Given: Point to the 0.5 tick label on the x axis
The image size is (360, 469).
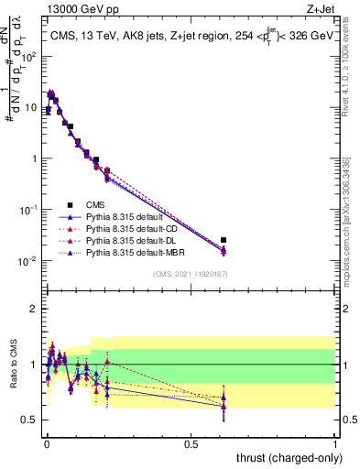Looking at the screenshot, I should pos(190,442).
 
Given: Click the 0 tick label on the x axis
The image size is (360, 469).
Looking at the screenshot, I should pos(46,442).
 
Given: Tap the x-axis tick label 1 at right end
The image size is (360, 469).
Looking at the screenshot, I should pos(335,442).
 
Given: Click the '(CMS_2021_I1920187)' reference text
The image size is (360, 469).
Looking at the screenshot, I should pos(191,275).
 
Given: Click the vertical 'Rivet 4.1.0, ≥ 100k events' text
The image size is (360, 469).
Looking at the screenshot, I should pos(352,69).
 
